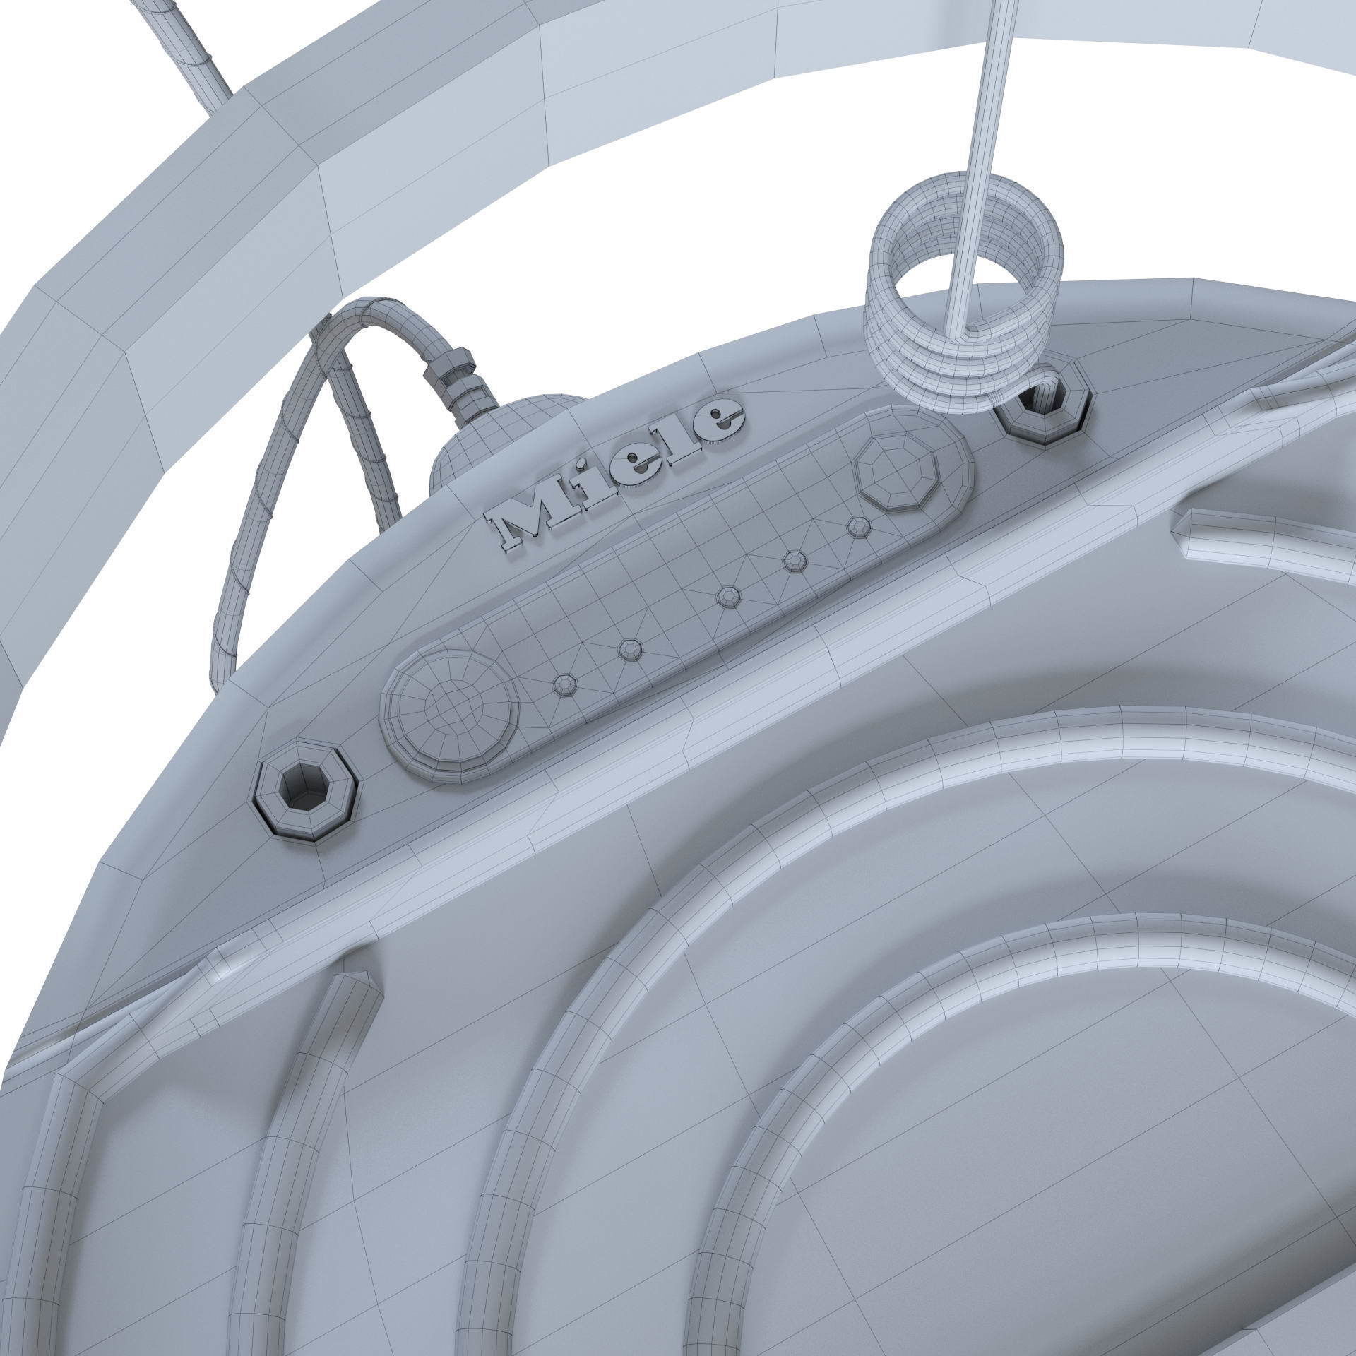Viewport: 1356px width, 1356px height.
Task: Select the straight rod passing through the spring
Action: coord(989,106)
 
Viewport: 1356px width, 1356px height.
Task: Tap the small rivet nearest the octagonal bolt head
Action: coord(859,526)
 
